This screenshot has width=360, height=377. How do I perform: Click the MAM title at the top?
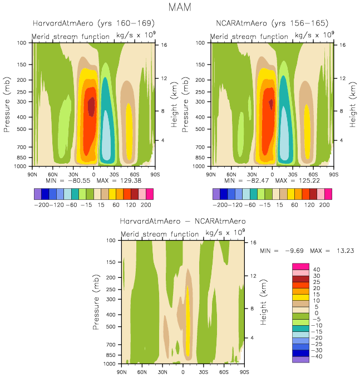(179, 8)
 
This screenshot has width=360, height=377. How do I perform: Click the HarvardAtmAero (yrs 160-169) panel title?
(93, 23)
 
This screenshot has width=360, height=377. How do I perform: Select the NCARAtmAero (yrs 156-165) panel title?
(272, 23)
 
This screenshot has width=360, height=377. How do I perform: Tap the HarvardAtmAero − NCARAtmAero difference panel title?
(183, 221)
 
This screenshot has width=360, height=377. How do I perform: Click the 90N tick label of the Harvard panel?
(34, 174)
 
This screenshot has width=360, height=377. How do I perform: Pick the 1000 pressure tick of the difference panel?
(109, 364)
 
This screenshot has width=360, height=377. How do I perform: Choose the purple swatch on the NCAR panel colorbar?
(216, 194)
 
